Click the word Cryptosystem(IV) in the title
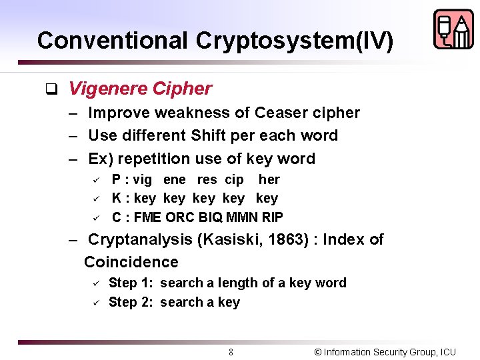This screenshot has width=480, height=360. [x=295, y=41]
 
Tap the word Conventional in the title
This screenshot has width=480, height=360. [x=113, y=41]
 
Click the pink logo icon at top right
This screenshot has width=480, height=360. [x=453, y=29]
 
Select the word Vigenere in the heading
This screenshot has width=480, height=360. [x=107, y=89]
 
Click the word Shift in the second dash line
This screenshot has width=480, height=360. [x=208, y=135]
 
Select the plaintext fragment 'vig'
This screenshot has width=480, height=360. [x=142, y=180]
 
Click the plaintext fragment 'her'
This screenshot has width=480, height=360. [x=269, y=180]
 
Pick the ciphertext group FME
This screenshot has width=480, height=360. [x=146, y=217]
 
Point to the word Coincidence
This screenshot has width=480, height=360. [x=131, y=262]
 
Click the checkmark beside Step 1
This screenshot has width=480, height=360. [x=96, y=283]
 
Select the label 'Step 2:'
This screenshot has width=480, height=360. [x=131, y=303]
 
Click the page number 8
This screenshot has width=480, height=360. [x=231, y=352]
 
